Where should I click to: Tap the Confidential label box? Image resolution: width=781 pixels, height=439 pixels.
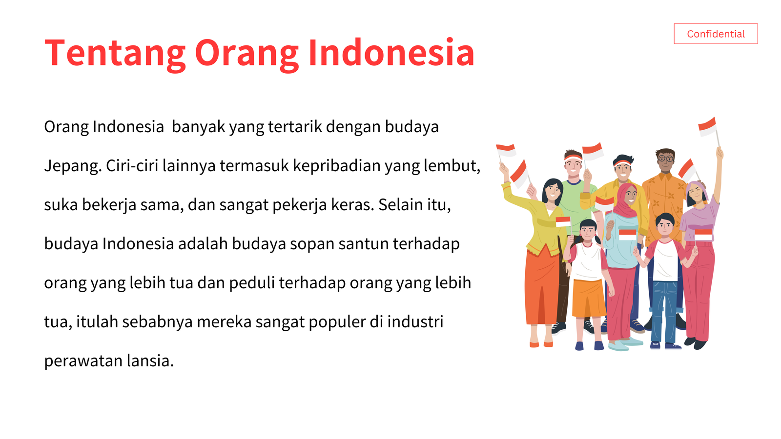[716, 34]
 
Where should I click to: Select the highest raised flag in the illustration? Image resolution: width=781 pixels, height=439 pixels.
[707, 127]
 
